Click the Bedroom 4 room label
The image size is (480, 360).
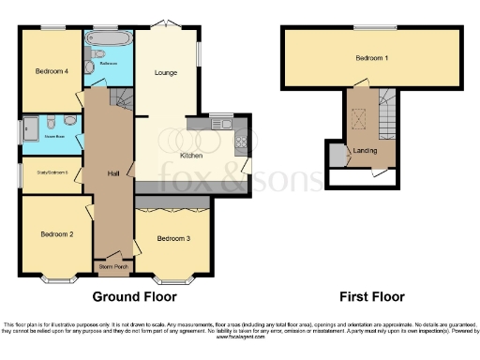click(52, 71)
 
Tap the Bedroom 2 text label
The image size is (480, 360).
click(56, 233)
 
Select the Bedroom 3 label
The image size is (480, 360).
click(173, 239)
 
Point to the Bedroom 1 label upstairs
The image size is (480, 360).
click(373, 59)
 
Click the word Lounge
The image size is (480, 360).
click(168, 70)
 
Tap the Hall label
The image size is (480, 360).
click(112, 173)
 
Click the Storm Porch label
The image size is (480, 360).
click(112, 267)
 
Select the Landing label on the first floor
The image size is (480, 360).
click(365, 150)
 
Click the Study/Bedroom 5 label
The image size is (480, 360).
click(52, 172)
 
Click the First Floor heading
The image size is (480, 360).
click(373, 296)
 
